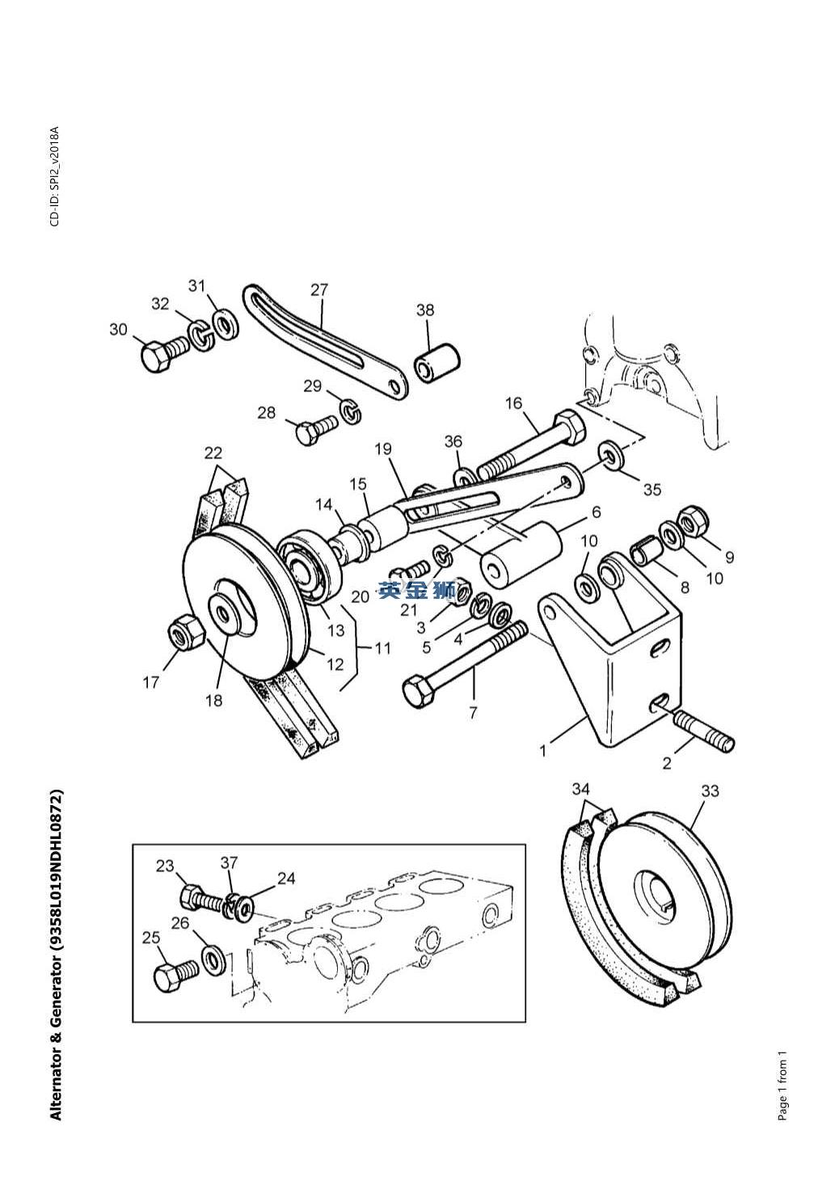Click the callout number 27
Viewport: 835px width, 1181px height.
(x=319, y=290)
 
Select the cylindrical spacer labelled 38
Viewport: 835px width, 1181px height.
(x=437, y=364)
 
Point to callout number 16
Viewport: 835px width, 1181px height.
(x=513, y=403)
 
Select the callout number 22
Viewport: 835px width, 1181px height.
(x=213, y=453)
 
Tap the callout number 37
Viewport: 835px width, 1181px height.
(x=229, y=863)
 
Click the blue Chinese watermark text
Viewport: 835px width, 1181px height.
(x=416, y=590)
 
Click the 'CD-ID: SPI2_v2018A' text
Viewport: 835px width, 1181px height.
(x=55, y=176)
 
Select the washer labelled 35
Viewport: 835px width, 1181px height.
(x=611, y=455)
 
